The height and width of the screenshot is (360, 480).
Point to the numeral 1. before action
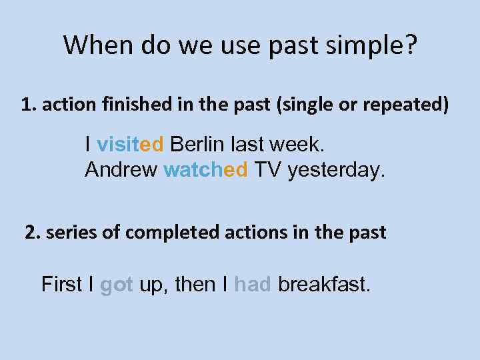tap(28, 105)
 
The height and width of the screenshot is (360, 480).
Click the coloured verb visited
tap(130, 144)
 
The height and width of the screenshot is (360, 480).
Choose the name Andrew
tap(121, 170)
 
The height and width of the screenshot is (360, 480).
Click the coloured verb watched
tap(205, 170)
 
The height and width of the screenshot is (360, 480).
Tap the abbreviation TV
tap(267, 170)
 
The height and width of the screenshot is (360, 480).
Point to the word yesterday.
tap(337, 170)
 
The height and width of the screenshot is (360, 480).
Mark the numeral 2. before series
tap(32, 233)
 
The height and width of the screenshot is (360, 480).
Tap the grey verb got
tap(117, 285)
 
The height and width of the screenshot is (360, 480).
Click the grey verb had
tap(253, 285)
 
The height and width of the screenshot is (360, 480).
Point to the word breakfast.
tap(324, 285)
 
